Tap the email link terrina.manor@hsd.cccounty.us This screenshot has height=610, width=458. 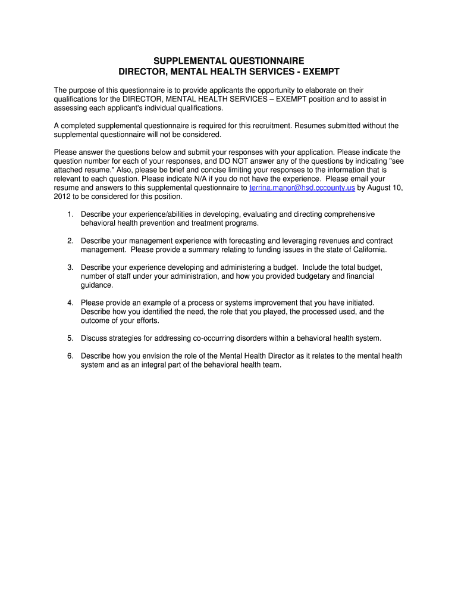(302, 188)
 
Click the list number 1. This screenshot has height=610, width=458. (70, 214)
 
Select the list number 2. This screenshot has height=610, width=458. (70, 241)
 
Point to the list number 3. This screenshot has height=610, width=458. (70, 267)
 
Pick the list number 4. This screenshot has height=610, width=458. (70, 303)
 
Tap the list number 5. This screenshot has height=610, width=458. (70, 338)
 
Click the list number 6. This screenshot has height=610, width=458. (70, 356)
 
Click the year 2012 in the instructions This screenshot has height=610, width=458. (62, 197)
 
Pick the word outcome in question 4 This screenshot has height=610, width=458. (95, 320)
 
